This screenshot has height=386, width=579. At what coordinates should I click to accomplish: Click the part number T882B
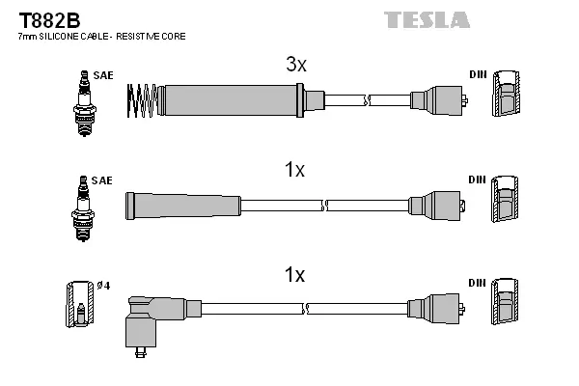(35, 19)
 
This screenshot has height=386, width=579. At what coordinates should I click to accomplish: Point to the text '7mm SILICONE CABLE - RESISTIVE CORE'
(101, 36)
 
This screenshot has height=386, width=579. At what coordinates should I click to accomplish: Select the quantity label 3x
(295, 66)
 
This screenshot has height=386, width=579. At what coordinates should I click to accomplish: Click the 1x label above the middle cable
(294, 171)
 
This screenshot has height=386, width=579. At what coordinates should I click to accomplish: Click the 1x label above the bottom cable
(294, 275)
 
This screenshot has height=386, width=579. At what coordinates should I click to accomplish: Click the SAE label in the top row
(103, 74)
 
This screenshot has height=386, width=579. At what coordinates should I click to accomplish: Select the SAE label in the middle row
(103, 180)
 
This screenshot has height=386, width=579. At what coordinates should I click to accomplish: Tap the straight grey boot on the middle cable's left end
(182, 205)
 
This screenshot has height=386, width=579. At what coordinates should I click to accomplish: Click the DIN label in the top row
(478, 74)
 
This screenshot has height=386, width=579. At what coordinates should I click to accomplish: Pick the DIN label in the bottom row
(478, 283)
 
